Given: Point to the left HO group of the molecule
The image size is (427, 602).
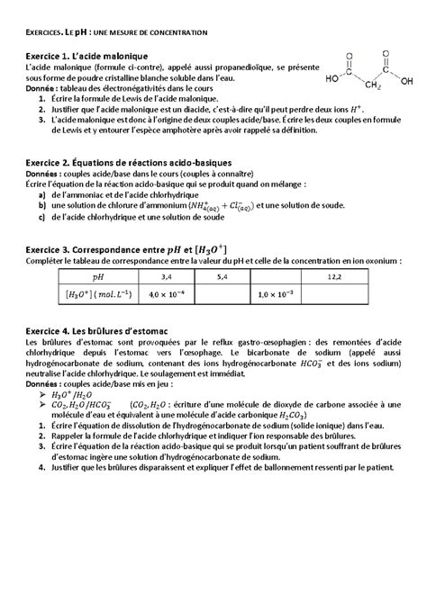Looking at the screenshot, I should point(332,78).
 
